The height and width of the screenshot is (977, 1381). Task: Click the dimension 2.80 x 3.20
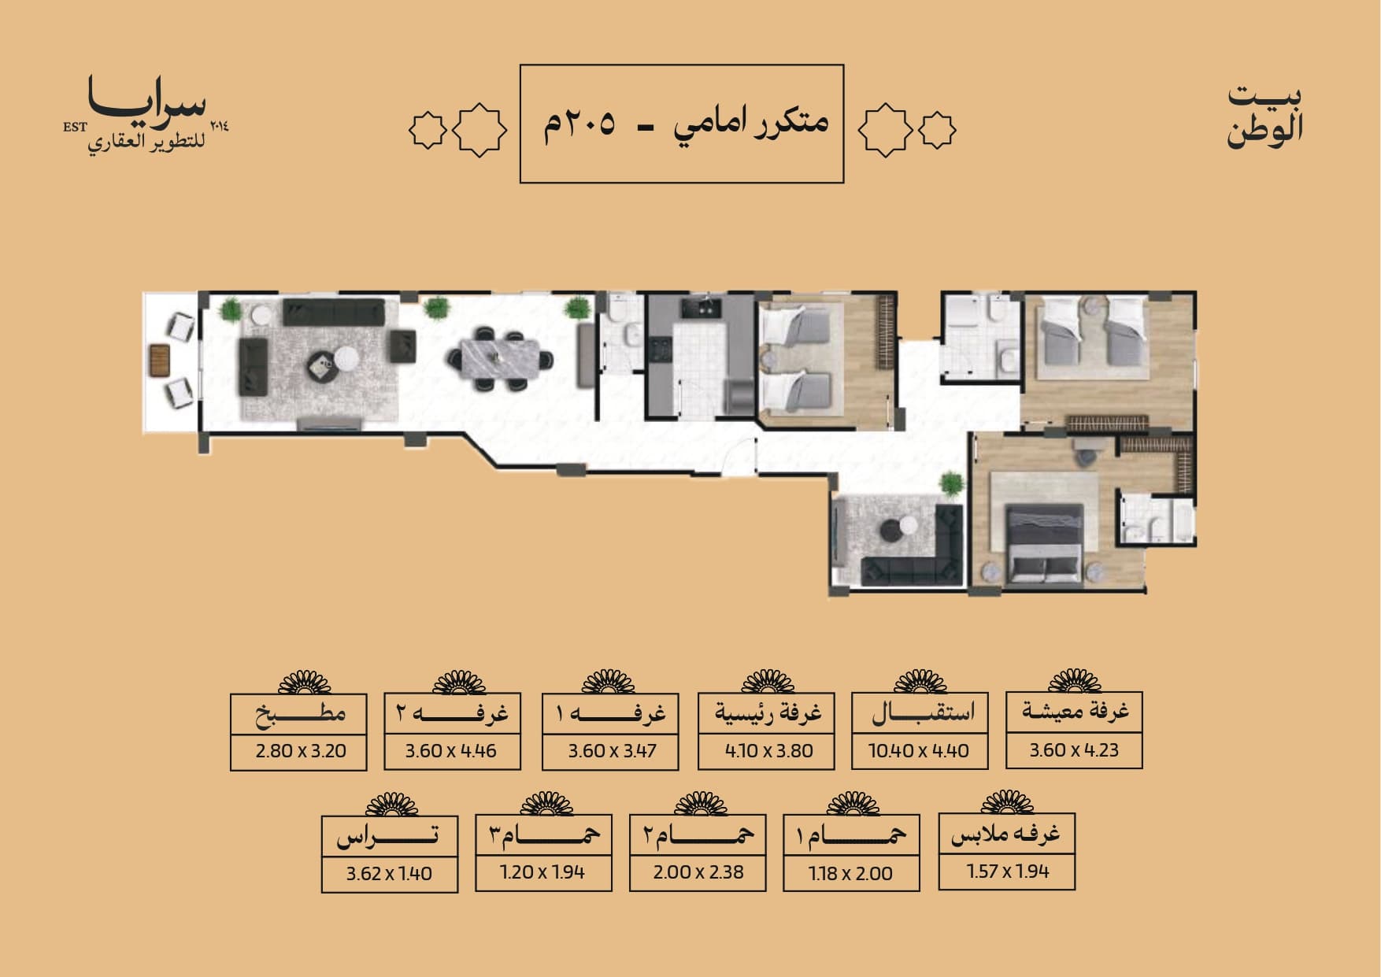(300, 751)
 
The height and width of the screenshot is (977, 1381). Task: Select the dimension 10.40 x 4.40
(919, 751)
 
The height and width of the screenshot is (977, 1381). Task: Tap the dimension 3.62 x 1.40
(389, 873)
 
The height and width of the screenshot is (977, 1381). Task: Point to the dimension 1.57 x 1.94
(1008, 872)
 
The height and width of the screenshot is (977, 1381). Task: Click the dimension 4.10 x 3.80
(768, 751)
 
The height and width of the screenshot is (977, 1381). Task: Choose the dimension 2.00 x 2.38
(698, 872)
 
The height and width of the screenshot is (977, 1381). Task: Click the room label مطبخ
(300, 714)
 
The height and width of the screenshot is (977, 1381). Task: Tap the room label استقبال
(922, 713)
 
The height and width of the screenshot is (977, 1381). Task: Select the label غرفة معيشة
(1075, 711)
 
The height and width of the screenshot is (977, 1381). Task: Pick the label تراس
(389, 837)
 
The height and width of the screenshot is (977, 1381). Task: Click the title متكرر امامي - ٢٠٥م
(683, 124)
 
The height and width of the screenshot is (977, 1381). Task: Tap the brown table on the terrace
(160, 361)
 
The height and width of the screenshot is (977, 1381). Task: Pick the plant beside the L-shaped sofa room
(951, 484)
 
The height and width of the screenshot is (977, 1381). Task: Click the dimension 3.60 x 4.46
(451, 751)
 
